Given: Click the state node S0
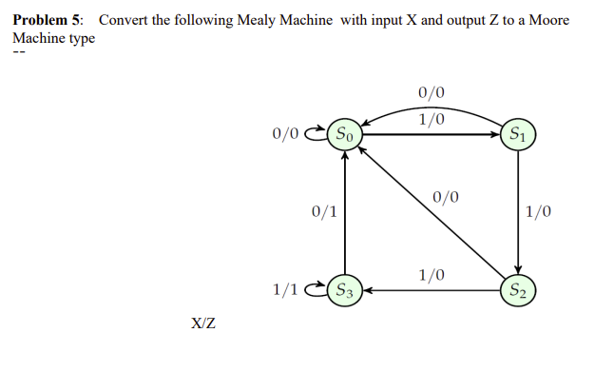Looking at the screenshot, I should tap(344, 135).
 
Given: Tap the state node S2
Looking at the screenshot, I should tap(518, 289).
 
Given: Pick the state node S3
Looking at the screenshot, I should tap(344, 289).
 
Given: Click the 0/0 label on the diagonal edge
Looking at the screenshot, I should tap(445, 198).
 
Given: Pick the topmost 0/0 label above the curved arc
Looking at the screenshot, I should tap(431, 93).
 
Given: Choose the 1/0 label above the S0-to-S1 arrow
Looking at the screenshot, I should tap(431, 120).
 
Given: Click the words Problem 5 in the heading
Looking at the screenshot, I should tap(48, 20).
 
